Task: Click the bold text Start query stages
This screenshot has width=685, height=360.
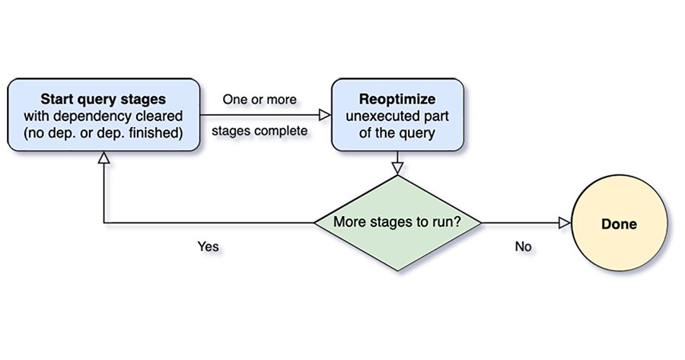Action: click(x=103, y=99)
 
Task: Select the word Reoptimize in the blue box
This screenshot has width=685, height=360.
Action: click(x=397, y=99)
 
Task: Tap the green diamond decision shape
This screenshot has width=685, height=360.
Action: click(x=397, y=223)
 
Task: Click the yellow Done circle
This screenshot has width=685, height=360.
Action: click(x=619, y=223)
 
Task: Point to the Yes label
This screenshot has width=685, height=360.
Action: click(x=208, y=247)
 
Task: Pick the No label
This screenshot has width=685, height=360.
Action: click(x=523, y=247)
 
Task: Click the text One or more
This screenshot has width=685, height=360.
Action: click(x=260, y=100)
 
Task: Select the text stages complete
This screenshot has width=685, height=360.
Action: click(x=260, y=131)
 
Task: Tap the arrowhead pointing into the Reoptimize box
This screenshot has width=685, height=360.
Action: click(x=325, y=116)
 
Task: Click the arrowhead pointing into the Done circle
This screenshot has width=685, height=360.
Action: click(x=565, y=223)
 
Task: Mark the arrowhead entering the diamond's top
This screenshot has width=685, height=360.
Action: click(x=397, y=169)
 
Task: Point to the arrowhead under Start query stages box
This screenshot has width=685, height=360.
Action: click(x=104, y=158)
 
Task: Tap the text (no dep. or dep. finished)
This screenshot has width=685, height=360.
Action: click(x=103, y=133)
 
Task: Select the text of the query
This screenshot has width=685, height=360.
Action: click(x=397, y=133)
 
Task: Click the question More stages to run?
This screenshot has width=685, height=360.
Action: click(x=397, y=222)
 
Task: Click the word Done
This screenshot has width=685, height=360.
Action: click(x=619, y=224)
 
